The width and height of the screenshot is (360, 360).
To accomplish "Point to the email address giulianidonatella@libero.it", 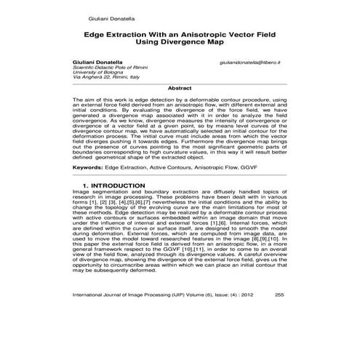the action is pos(252,64).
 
